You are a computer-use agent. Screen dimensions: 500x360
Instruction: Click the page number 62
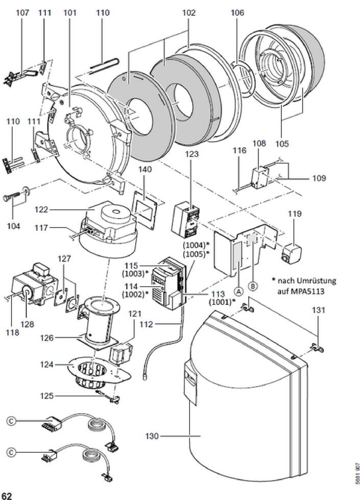(x=7, y=495)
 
